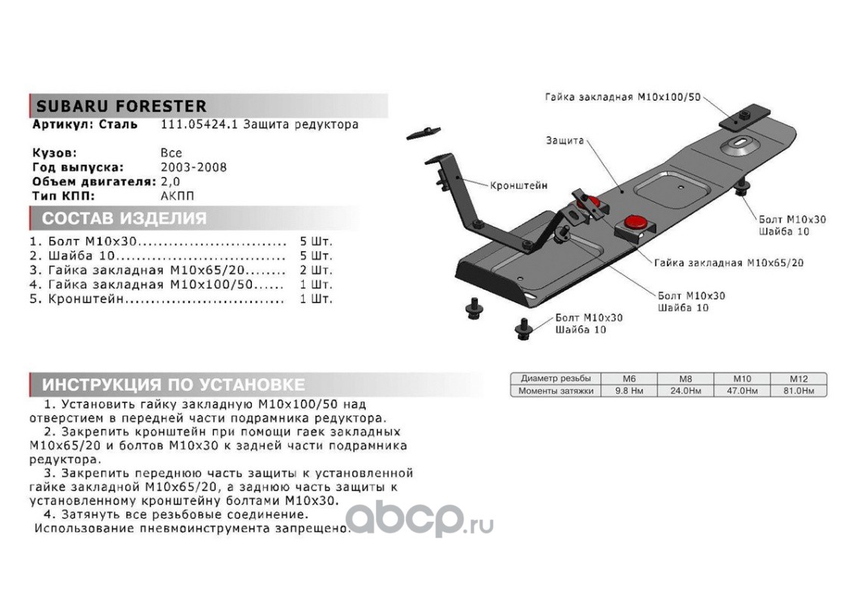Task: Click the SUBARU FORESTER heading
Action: coord(120,107)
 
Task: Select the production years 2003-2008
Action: coord(193,167)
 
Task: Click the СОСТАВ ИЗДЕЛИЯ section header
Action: coord(124,219)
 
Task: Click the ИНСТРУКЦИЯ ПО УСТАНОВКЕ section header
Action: coord(173,383)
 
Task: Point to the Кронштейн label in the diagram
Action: coord(518,185)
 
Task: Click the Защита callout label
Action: coord(563,141)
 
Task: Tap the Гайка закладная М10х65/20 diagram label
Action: coord(728,263)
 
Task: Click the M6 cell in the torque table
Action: coord(629,378)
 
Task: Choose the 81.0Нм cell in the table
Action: coord(798,391)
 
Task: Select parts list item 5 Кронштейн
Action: coord(155,299)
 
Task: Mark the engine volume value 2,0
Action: coord(171,181)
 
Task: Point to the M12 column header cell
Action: coord(798,378)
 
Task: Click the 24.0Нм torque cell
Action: coord(685,391)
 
